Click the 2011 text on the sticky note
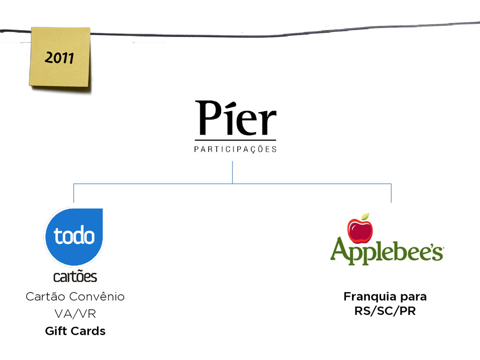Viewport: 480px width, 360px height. (x=59, y=59)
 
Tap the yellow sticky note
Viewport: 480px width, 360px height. (x=60, y=70)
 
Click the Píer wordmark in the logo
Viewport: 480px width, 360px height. (x=235, y=118)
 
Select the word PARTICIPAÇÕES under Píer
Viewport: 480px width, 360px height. (x=235, y=150)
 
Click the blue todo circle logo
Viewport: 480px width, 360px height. (x=74, y=236)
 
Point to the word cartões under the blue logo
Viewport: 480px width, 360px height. (x=75, y=277)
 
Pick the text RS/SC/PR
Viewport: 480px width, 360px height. (x=385, y=311)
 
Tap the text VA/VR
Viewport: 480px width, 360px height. (x=75, y=314)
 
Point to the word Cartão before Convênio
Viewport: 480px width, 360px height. (x=45, y=297)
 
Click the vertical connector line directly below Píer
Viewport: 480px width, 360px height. (x=232, y=172)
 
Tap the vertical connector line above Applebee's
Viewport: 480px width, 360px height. (x=391, y=193)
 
